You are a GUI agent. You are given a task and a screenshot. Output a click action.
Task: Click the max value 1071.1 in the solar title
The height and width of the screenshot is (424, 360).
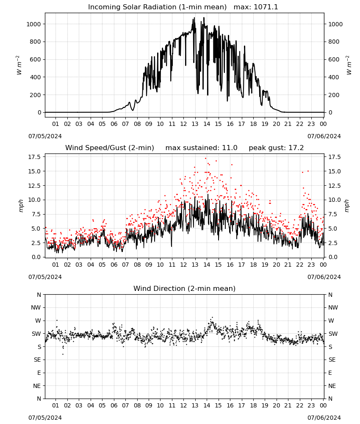266,7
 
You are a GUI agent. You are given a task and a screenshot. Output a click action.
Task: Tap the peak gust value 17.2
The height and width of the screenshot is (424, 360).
296,148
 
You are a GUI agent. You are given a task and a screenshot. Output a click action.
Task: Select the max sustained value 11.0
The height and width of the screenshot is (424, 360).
230,148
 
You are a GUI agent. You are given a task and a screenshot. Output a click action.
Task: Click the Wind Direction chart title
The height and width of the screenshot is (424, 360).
185,288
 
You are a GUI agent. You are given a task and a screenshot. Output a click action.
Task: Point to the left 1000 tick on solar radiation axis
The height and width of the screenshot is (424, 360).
33,24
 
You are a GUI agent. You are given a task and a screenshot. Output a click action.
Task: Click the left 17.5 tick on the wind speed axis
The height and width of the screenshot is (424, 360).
35,157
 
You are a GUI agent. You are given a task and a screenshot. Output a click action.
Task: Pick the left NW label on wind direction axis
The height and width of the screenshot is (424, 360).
36,307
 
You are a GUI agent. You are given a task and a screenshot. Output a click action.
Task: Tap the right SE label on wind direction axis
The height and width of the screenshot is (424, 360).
332,360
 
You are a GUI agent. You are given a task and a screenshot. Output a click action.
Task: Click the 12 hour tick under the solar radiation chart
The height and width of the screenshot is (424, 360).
183,124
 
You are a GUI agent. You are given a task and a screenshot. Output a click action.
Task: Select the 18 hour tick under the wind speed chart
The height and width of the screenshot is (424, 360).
253,265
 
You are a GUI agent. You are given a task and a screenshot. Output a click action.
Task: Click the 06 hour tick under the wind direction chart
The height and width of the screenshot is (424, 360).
114,405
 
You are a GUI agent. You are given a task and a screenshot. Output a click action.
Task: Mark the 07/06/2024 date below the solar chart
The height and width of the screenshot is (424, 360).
324,136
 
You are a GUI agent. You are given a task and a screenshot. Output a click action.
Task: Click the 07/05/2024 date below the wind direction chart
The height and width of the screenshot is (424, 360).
45,418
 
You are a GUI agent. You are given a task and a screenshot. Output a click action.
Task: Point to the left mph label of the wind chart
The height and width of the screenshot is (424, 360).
21,206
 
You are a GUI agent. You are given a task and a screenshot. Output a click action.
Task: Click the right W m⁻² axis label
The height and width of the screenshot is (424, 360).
349,65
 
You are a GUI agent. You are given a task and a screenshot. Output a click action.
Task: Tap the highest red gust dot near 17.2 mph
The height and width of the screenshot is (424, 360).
205,158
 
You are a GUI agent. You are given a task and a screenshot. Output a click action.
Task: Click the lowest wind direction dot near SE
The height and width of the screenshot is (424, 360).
63,354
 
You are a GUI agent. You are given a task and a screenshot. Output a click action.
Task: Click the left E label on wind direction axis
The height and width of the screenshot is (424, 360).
39,373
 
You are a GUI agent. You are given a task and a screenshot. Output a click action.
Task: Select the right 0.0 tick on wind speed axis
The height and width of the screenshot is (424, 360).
333,257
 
